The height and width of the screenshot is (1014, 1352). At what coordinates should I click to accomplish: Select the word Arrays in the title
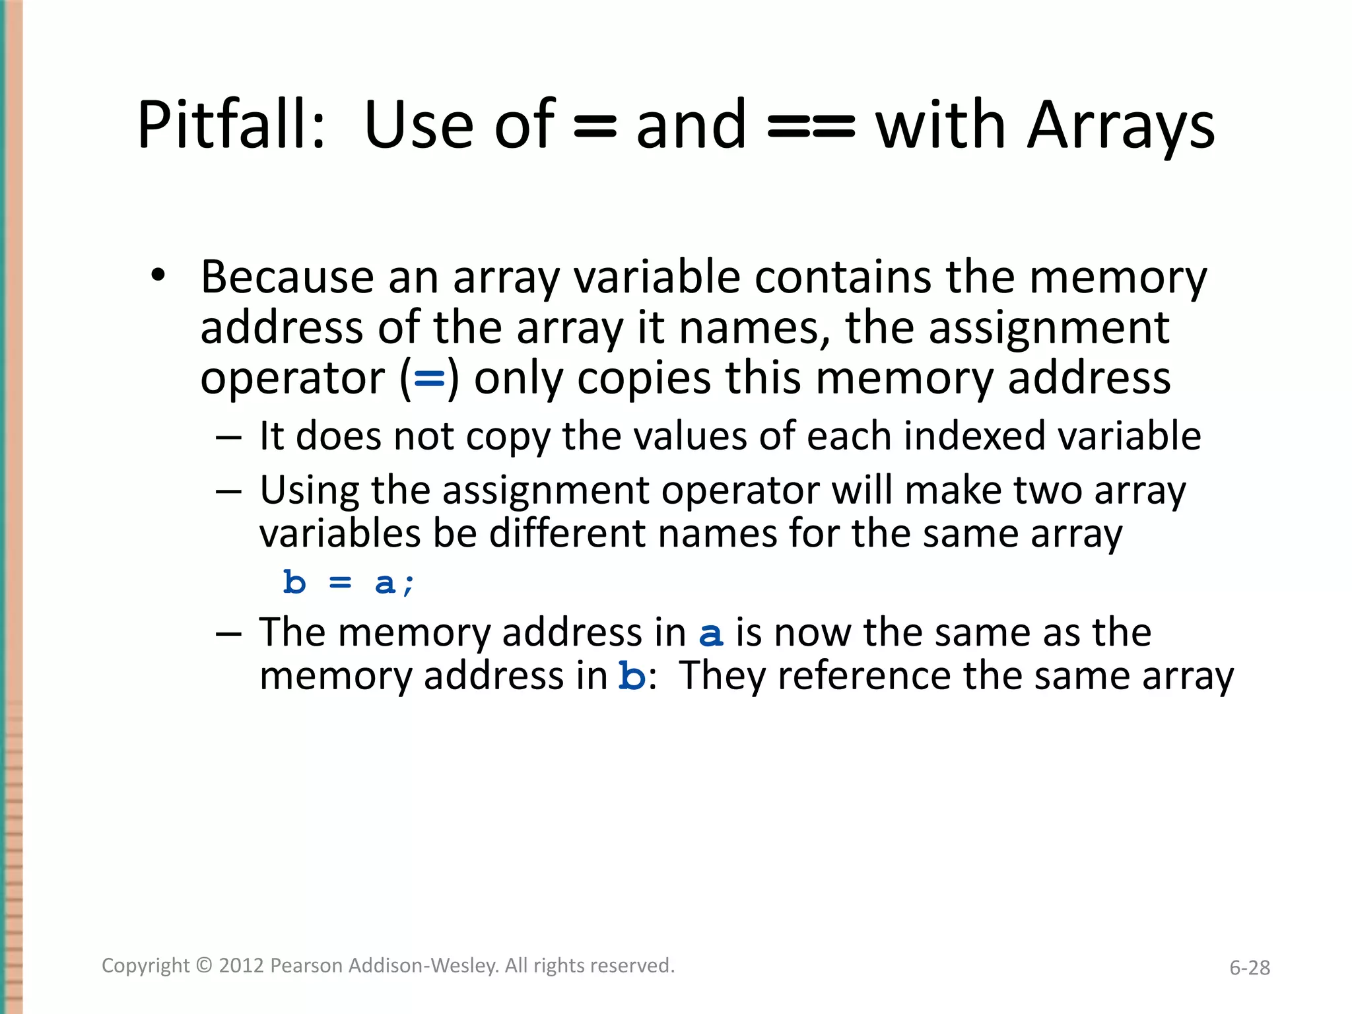[1121, 125]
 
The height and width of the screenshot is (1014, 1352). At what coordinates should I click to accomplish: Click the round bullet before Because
[157, 275]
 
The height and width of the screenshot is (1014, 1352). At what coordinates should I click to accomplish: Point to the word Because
[287, 277]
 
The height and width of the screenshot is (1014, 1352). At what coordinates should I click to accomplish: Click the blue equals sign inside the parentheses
[429, 380]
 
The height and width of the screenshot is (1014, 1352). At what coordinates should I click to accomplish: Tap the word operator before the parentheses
[292, 380]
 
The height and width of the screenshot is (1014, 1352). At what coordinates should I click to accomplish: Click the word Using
[309, 492]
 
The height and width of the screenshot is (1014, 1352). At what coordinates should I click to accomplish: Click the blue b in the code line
[294, 583]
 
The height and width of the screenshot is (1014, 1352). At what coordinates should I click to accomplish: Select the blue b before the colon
[632, 676]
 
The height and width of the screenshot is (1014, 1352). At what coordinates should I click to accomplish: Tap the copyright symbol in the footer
[205, 966]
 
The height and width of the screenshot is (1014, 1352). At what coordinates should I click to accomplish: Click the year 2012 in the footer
[242, 966]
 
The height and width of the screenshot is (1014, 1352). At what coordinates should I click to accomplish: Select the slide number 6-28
[1249, 968]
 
